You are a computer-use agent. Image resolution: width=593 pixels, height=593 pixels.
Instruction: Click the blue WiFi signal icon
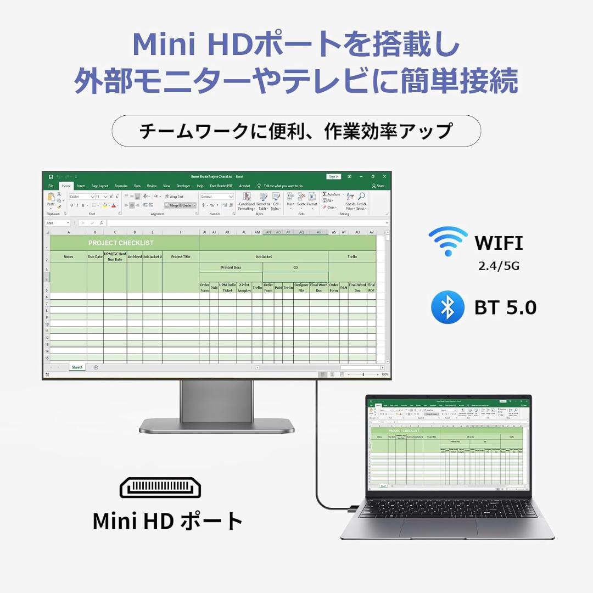point(448,242)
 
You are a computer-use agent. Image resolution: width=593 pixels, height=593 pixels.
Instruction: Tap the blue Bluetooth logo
point(447,307)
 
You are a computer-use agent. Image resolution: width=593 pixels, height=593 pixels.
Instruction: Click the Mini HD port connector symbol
point(160,488)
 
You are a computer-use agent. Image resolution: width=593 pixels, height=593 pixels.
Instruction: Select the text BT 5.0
point(505,307)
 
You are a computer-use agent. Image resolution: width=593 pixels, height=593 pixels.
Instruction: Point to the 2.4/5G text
point(499,266)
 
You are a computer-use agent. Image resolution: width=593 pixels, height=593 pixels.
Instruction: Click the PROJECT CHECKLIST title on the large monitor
point(121,243)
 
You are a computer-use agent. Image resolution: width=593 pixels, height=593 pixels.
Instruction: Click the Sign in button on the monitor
point(333,177)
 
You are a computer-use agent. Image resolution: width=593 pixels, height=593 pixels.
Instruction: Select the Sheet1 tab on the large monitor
point(77,367)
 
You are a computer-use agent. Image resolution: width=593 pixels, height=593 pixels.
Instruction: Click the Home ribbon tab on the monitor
point(66,186)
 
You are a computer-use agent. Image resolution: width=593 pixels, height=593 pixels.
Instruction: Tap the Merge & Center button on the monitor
point(180,205)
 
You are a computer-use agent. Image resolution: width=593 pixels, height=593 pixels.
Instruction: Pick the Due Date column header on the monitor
point(95,256)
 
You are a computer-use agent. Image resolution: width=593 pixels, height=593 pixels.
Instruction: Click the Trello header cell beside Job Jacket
point(352,256)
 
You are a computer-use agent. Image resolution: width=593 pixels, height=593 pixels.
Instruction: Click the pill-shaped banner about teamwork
point(296,131)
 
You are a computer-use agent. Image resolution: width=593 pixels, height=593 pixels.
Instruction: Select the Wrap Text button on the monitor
point(174,197)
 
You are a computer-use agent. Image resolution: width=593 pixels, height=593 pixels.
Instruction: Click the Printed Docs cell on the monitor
point(231,267)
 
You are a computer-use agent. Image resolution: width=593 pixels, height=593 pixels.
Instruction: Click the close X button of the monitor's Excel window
point(384,177)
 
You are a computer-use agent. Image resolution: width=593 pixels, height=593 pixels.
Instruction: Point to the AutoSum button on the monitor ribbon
point(332,194)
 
